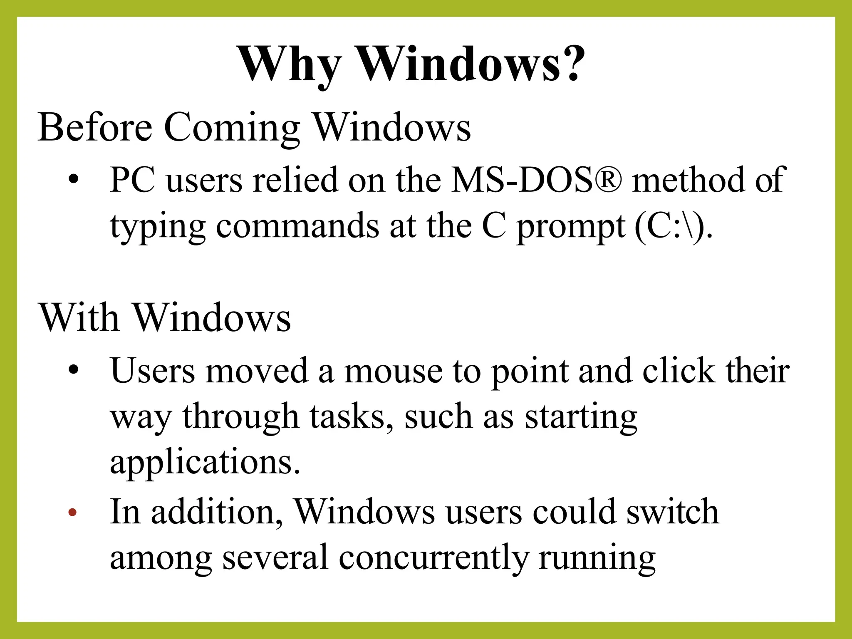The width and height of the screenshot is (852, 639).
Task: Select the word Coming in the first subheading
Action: pyautogui.click(x=232, y=128)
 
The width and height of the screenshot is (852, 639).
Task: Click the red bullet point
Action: pyautogui.click(x=73, y=513)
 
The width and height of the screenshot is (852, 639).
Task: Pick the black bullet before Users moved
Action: pyautogui.click(x=74, y=370)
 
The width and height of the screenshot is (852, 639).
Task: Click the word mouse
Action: pyautogui.click(x=393, y=371)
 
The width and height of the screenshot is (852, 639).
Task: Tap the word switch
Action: pyautogui.click(x=673, y=512)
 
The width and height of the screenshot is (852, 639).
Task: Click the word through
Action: pyautogui.click(x=240, y=417)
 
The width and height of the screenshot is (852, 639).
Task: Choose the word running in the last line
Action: pyautogui.click(x=597, y=558)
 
